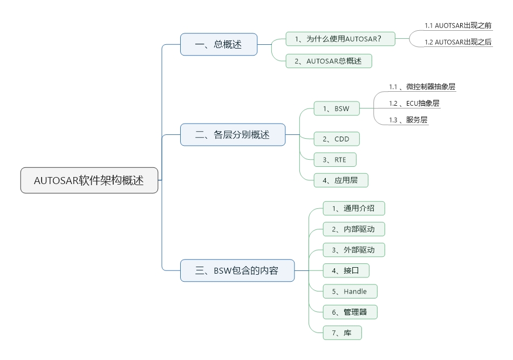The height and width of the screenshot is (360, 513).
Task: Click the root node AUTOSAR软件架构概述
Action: point(90,180)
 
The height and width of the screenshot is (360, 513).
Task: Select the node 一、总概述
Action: point(218,44)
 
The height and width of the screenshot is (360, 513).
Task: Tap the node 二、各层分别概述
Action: point(232,134)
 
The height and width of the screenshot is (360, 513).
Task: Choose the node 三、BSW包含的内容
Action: point(237,270)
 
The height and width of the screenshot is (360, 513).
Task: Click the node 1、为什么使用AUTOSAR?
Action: point(340,39)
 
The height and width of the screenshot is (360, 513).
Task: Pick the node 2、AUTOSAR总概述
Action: point(329,61)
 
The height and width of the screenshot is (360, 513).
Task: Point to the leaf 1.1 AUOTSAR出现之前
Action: point(458,25)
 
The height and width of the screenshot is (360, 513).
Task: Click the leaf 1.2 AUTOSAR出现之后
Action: point(458,42)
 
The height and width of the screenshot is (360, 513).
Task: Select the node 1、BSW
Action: point(336,108)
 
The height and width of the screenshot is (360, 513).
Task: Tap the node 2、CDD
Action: point(336,139)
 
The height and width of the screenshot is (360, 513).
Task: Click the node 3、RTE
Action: point(334,160)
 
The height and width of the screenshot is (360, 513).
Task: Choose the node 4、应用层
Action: point(340,180)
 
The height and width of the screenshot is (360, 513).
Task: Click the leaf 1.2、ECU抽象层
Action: point(414,103)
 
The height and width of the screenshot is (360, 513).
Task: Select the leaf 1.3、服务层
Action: point(408,120)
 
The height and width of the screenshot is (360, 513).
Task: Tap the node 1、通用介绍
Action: point(354,208)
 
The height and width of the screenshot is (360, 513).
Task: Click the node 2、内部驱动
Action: point(354,229)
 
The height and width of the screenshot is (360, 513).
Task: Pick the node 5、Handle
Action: point(350,291)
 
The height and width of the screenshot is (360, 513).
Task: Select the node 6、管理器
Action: point(350,312)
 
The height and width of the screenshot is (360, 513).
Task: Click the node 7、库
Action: point(342,333)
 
